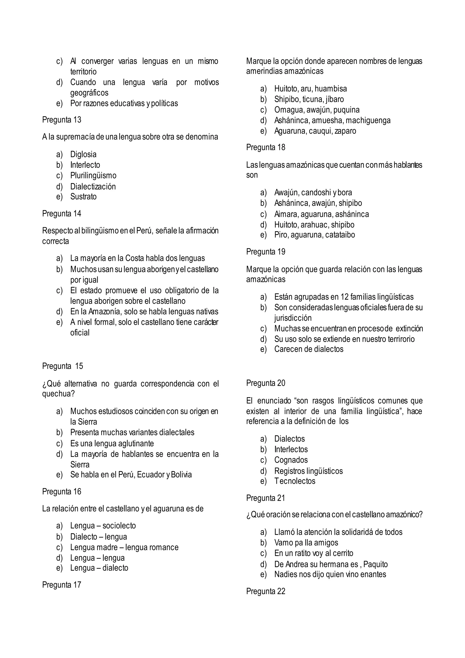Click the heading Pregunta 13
(62, 120)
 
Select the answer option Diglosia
(83, 155)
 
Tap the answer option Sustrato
(83, 197)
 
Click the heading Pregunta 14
(62, 214)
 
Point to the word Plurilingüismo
(93, 175)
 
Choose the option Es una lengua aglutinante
(112, 444)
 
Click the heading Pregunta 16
(62, 492)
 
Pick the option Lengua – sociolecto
(103, 526)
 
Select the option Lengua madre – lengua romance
(124, 547)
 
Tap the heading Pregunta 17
(62, 585)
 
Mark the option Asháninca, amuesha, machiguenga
(332, 120)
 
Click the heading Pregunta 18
(265, 147)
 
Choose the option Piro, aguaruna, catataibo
(314, 235)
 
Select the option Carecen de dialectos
(309, 349)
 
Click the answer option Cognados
(291, 460)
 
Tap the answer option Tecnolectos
(295, 481)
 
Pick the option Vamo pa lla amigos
(306, 543)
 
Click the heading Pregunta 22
(265, 591)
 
